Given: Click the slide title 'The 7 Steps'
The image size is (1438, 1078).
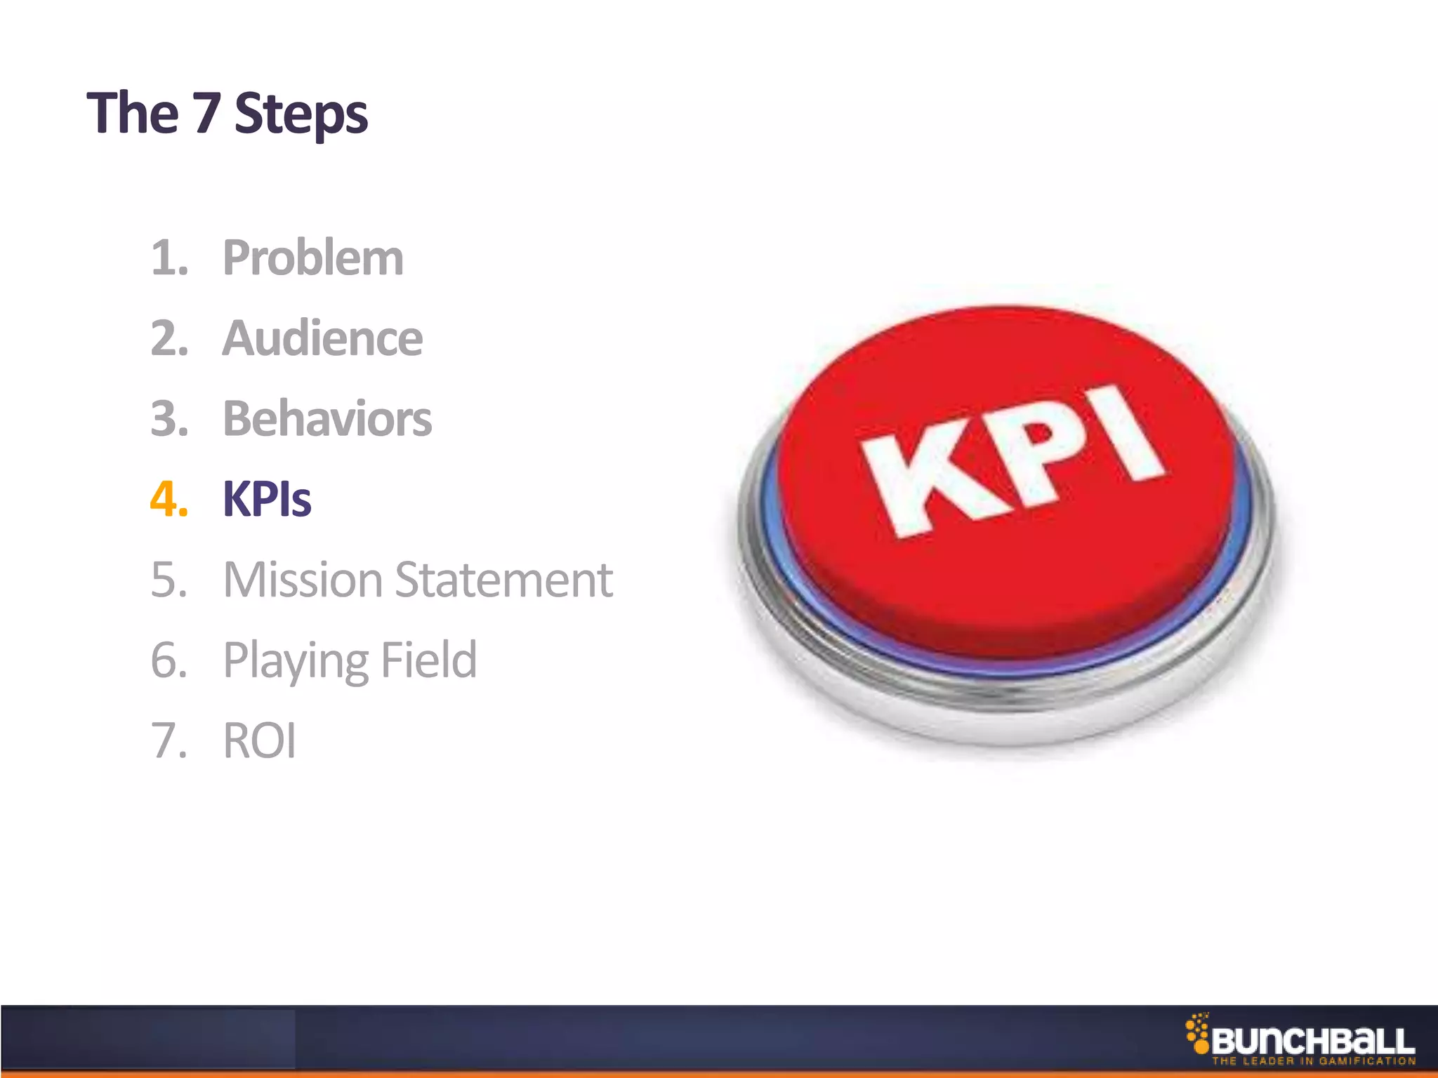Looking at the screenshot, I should point(227,114).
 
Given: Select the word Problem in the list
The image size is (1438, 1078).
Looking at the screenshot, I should point(313,258).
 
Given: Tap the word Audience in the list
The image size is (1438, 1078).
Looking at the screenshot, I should point(322,338).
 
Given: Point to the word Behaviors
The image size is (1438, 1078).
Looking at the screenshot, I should point(327,419).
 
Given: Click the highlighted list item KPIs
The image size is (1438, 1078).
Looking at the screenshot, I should point(267,500).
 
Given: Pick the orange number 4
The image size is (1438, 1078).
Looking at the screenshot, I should point(169,500).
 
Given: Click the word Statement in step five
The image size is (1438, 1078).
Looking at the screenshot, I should point(503,580).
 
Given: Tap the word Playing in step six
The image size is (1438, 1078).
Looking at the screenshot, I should point(295,661).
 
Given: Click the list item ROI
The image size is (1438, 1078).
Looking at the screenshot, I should point(259,741).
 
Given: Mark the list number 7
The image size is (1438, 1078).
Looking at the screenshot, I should point(169,741).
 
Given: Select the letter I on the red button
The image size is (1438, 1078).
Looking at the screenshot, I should point(1121,435).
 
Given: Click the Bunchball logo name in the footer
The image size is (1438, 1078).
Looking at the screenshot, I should point(1313,1042).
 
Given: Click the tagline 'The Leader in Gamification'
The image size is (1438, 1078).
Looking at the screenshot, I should point(1313,1061).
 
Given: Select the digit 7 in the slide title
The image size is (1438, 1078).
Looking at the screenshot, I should point(206,114).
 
